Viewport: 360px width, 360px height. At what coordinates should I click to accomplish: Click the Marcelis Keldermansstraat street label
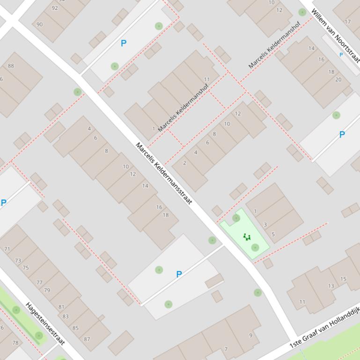point(164,173)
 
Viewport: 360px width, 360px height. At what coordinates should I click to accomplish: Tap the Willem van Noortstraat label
point(336,35)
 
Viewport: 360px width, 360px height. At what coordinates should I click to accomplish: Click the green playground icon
point(247,237)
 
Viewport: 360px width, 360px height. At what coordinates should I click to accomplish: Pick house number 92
point(55,8)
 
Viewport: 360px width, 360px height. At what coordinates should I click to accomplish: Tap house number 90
point(39,25)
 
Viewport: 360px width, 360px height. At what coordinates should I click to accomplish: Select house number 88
point(11,66)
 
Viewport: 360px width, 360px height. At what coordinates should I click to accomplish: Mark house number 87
point(87,339)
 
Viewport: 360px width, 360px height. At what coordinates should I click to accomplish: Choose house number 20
point(338,79)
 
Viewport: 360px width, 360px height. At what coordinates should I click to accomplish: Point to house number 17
point(347,22)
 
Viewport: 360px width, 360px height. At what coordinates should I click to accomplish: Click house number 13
point(331,286)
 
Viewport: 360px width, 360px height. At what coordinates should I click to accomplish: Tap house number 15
point(344,279)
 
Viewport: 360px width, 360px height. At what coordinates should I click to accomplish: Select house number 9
point(250,335)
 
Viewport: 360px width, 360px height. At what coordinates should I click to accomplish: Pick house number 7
point(226,349)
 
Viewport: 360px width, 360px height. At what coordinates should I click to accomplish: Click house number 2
point(185,163)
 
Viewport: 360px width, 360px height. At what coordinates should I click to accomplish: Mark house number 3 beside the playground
point(265,225)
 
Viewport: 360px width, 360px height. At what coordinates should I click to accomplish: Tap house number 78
point(15,343)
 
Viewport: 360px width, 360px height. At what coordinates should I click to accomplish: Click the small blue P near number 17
point(341,55)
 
